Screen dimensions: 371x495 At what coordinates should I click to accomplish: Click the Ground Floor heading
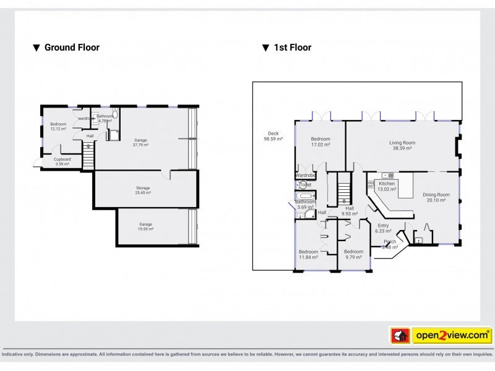(71, 48)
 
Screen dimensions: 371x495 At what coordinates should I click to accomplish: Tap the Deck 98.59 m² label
(273, 137)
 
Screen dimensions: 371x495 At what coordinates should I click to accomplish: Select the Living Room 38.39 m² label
(402, 145)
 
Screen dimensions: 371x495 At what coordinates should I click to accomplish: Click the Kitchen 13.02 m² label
(387, 187)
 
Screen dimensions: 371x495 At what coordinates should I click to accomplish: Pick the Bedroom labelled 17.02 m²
(320, 142)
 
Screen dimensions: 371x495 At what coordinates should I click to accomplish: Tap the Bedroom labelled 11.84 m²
(308, 254)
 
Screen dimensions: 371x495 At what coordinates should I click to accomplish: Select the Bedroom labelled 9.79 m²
(353, 254)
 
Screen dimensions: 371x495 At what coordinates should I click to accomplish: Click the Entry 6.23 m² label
(384, 228)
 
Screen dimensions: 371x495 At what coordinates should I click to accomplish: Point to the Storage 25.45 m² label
(143, 190)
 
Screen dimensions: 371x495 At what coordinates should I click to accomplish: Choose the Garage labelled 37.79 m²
(141, 143)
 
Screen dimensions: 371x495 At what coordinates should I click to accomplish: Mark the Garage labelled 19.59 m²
(145, 226)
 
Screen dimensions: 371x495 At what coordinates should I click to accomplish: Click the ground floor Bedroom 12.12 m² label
(58, 126)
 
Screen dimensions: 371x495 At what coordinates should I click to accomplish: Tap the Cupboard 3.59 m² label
(62, 161)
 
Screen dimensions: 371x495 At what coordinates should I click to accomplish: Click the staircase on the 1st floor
(343, 189)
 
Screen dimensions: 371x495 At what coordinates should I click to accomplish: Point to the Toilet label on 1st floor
(305, 185)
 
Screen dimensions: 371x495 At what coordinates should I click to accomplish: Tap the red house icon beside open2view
(400, 335)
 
